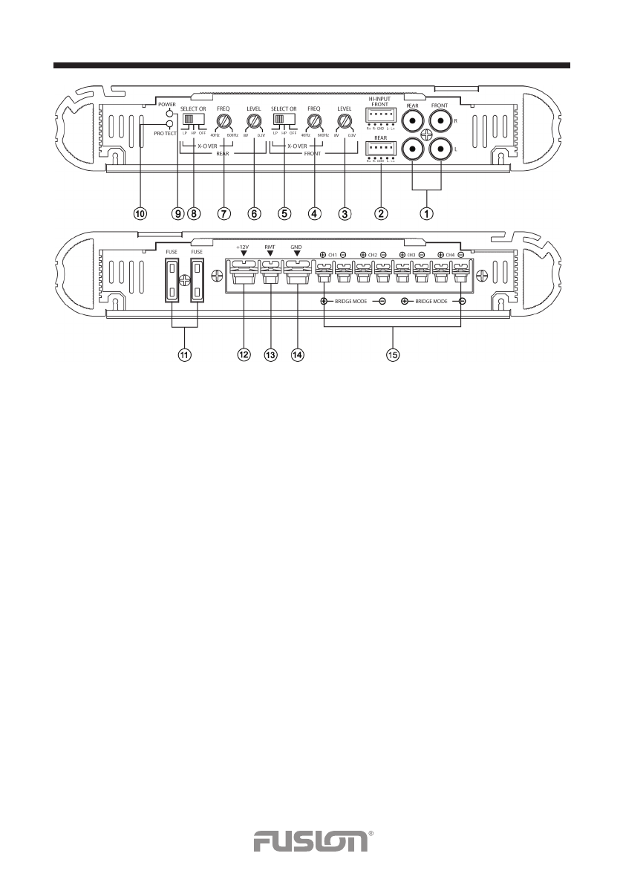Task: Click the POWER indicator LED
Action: [170, 113]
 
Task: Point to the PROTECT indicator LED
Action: [170, 124]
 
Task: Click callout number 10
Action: [140, 213]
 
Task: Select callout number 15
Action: [393, 355]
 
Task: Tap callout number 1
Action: [427, 213]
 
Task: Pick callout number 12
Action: [244, 355]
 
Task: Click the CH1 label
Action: [333, 255]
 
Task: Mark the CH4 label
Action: [451, 255]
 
